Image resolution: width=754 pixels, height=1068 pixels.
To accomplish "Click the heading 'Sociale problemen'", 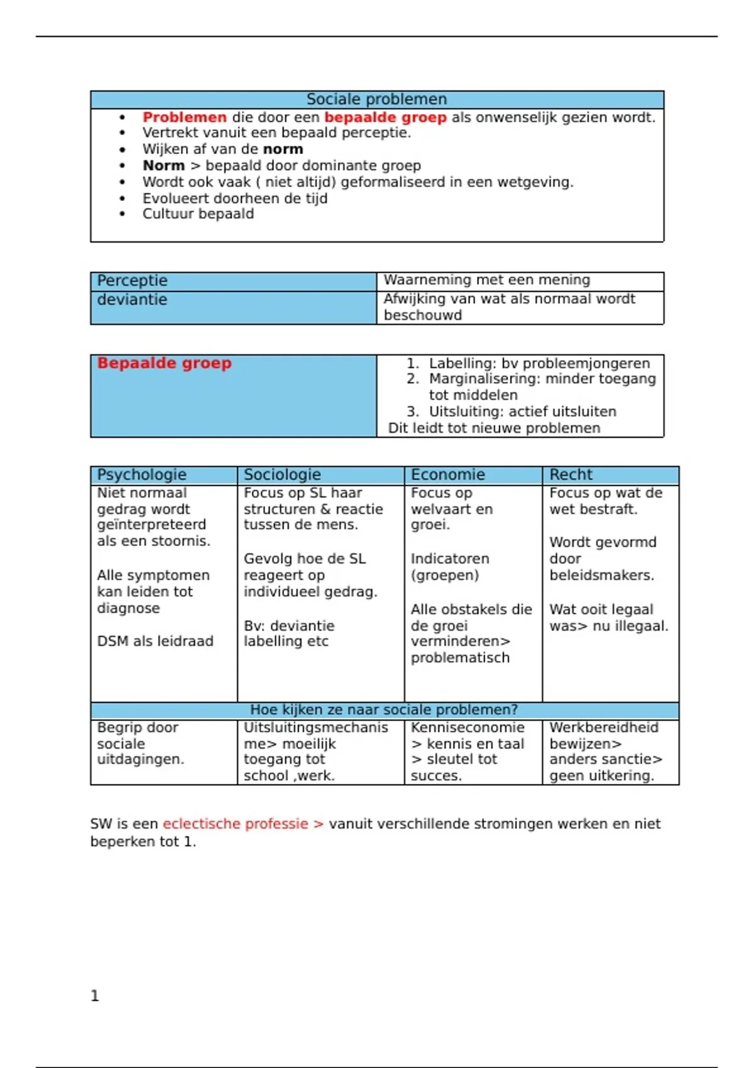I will [376, 99].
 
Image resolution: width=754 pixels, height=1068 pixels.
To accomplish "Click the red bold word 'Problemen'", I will [184, 117].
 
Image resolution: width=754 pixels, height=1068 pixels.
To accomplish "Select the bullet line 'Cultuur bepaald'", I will [198, 214].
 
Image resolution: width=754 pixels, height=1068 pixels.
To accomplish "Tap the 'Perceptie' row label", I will [132, 280].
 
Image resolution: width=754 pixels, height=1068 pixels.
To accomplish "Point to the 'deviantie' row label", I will [132, 300].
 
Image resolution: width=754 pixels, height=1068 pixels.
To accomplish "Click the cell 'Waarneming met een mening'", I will [486, 280].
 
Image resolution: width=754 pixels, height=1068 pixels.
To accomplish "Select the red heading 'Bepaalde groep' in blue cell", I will [164, 363].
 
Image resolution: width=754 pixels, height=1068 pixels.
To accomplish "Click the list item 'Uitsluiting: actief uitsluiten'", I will [522, 412].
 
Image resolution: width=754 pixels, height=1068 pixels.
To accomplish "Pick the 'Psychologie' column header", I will [141, 475].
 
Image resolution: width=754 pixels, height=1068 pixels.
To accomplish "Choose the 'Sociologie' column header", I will [282, 475].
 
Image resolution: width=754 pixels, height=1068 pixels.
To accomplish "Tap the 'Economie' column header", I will [447, 475].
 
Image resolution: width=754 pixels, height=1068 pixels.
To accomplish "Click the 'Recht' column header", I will [571, 475].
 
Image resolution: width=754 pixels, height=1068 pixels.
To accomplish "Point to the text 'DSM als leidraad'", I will [155, 641].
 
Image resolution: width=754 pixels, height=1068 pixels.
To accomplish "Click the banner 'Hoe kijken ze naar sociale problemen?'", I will [384, 710].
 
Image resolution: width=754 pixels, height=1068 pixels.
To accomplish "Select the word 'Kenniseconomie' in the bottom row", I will [467, 727].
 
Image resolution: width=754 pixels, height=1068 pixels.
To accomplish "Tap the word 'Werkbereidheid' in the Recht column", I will [604, 727].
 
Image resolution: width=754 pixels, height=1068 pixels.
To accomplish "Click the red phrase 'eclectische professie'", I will [235, 824].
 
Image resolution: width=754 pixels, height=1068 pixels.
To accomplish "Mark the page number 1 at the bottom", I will [95, 996].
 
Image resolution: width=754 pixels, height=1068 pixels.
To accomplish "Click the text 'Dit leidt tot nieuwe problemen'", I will [494, 428].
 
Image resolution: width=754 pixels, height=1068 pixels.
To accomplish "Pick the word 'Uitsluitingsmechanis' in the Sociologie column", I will [315, 727].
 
